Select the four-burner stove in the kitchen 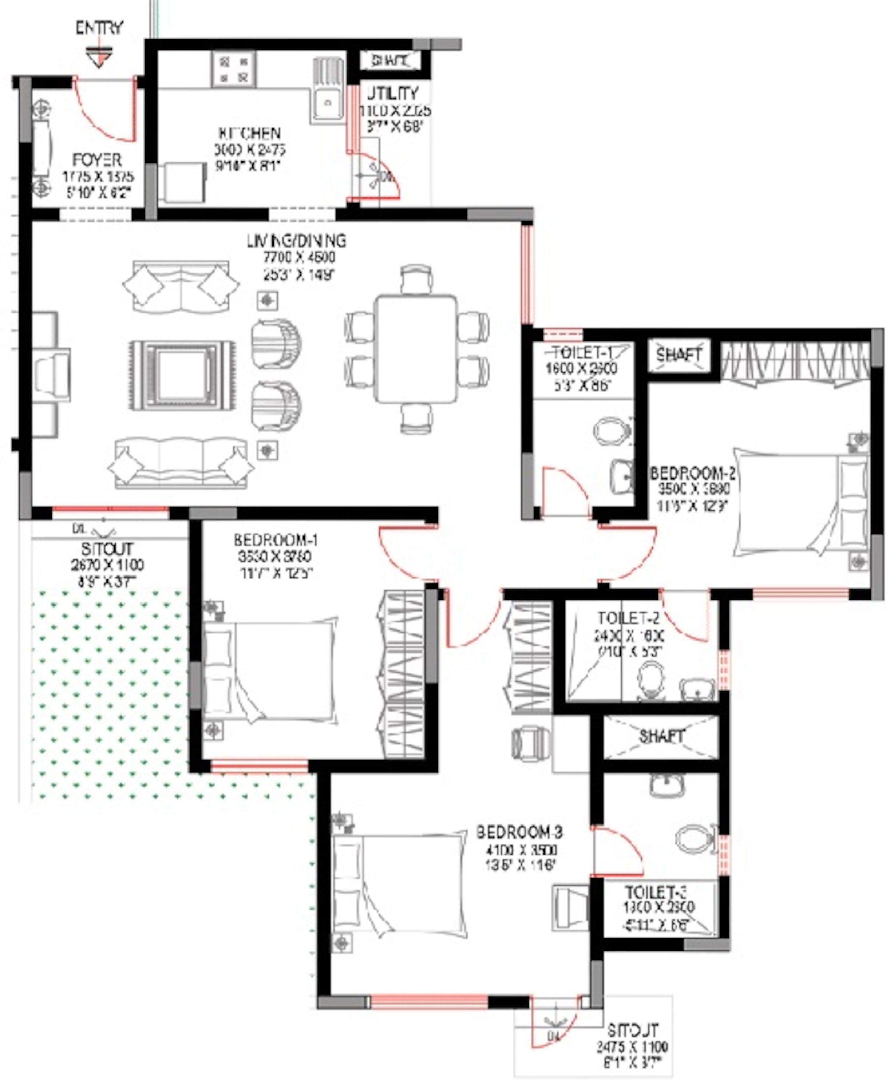234,69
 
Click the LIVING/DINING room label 297,241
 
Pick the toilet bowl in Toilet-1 612,430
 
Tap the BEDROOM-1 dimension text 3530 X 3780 275,556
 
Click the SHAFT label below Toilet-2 661,737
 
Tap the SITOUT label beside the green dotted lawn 107,549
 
